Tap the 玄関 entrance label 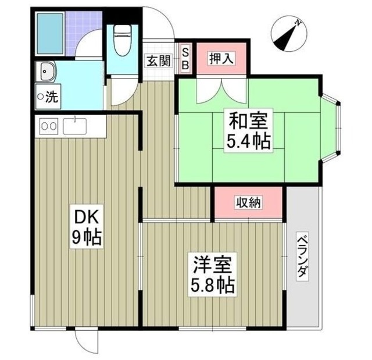point(157,59)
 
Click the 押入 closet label point(221,58)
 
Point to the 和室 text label point(248,122)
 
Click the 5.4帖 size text point(248,141)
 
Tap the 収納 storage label point(249,203)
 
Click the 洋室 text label point(213,265)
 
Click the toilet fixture point(123,41)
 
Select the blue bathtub point(49,32)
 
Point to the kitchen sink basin point(76,125)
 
